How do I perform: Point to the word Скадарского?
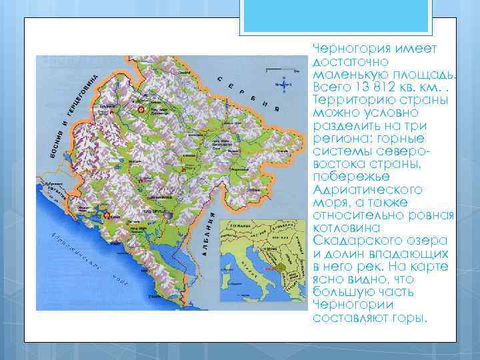[347, 241]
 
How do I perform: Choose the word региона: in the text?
[341, 139]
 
